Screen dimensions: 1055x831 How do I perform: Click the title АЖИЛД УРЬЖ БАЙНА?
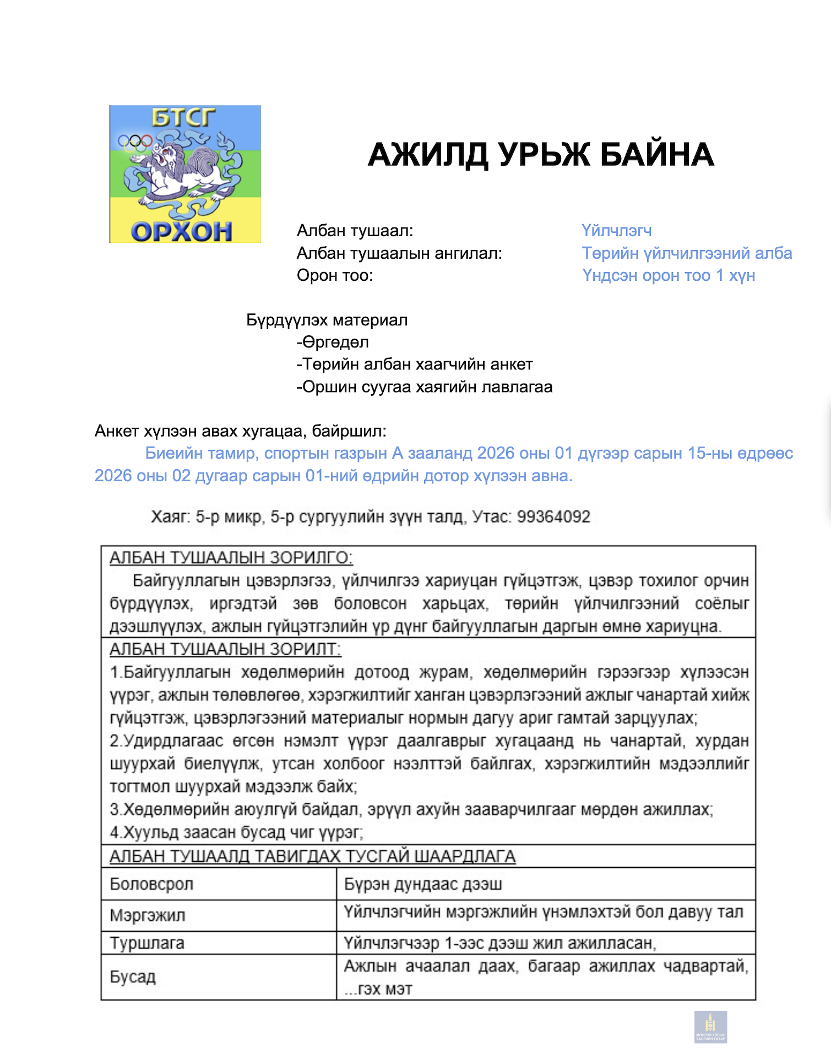540,155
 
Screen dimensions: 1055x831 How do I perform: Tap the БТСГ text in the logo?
183,117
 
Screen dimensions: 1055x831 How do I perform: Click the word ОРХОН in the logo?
181,231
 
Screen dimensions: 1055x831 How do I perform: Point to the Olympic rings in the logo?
134,143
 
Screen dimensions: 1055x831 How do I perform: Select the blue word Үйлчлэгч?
616,231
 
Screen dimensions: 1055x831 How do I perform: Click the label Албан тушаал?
355,231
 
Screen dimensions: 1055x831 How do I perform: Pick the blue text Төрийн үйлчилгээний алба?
687,253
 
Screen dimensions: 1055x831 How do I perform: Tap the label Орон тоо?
335,275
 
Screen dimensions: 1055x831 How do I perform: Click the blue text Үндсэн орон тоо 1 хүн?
668,275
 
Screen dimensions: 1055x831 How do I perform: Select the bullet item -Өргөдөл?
333,342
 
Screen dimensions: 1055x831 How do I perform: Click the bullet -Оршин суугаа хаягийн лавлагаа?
424,387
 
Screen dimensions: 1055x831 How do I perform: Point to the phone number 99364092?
553,517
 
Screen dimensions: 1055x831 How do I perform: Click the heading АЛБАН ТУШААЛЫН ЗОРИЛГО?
231,558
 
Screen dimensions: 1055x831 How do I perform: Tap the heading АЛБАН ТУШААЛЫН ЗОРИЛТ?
225,649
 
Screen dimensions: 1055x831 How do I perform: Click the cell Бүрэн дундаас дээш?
423,884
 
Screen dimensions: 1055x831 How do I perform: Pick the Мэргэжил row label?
148,915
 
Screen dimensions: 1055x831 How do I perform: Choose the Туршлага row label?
147,943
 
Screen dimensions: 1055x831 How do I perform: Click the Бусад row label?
133,977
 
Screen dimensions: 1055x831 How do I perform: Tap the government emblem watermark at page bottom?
710,1027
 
